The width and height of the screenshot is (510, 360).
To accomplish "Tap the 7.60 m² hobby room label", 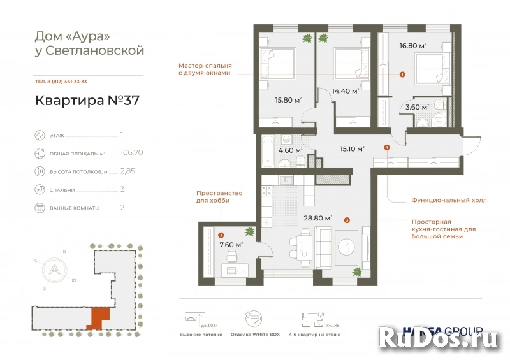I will [x=230, y=245].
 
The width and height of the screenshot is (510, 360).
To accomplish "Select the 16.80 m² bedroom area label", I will [x=412, y=46].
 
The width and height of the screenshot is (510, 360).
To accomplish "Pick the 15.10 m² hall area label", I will [x=352, y=149].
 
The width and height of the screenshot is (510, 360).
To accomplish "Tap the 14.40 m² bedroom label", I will [x=345, y=91].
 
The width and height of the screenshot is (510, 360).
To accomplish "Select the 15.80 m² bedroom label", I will [x=288, y=100].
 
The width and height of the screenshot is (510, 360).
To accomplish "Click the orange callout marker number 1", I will [x=402, y=75].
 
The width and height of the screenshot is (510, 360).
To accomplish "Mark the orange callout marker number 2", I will [x=221, y=234].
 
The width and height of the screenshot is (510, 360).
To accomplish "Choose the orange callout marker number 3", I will [x=346, y=220].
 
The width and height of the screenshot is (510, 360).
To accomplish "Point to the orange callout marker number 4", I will [x=387, y=148].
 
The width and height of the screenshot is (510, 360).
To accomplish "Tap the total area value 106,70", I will [x=131, y=154].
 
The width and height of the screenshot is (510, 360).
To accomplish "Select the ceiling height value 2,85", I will [x=128, y=171].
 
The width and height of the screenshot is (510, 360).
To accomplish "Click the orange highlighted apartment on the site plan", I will [x=99, y=317].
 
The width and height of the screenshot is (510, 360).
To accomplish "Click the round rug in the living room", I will [x=348, y=247].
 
